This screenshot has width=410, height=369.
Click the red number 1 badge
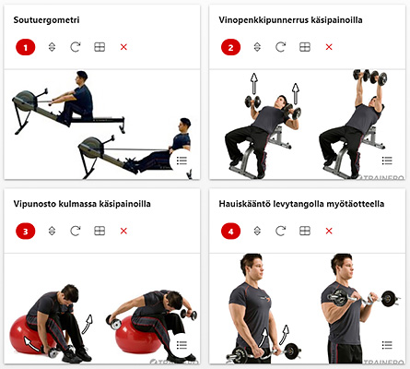coord(26,47)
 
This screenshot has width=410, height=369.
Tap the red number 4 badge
coord(230,232)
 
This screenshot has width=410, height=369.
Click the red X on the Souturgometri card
coord(123,47)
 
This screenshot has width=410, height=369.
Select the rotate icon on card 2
coord(280,47)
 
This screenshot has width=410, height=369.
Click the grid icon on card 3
coord(100,231)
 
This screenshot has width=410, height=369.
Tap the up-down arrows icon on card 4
coord(257,231)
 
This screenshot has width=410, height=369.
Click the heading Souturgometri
coord(46,20)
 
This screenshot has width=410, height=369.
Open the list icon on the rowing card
coord(182,161)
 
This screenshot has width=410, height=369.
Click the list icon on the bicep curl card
coord(387,345)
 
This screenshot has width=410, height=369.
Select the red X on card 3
coord(123,231)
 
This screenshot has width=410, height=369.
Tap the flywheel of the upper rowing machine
coord(25,101)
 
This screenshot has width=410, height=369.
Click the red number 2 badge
coord(230,47)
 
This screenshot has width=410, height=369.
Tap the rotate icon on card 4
coord(280,231)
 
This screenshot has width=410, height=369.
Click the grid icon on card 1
coord(100,47)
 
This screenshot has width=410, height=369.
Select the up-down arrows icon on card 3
coord(52,231)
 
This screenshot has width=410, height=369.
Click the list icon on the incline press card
coord(387,161)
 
